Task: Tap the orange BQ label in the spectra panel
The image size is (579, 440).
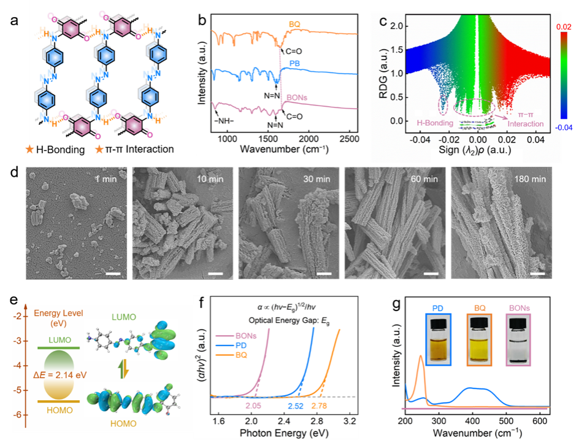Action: point(297,25)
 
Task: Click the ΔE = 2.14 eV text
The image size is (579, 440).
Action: point(59,372)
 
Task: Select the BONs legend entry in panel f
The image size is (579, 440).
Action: point(237,336)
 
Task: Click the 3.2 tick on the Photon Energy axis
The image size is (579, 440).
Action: point(350,422)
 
